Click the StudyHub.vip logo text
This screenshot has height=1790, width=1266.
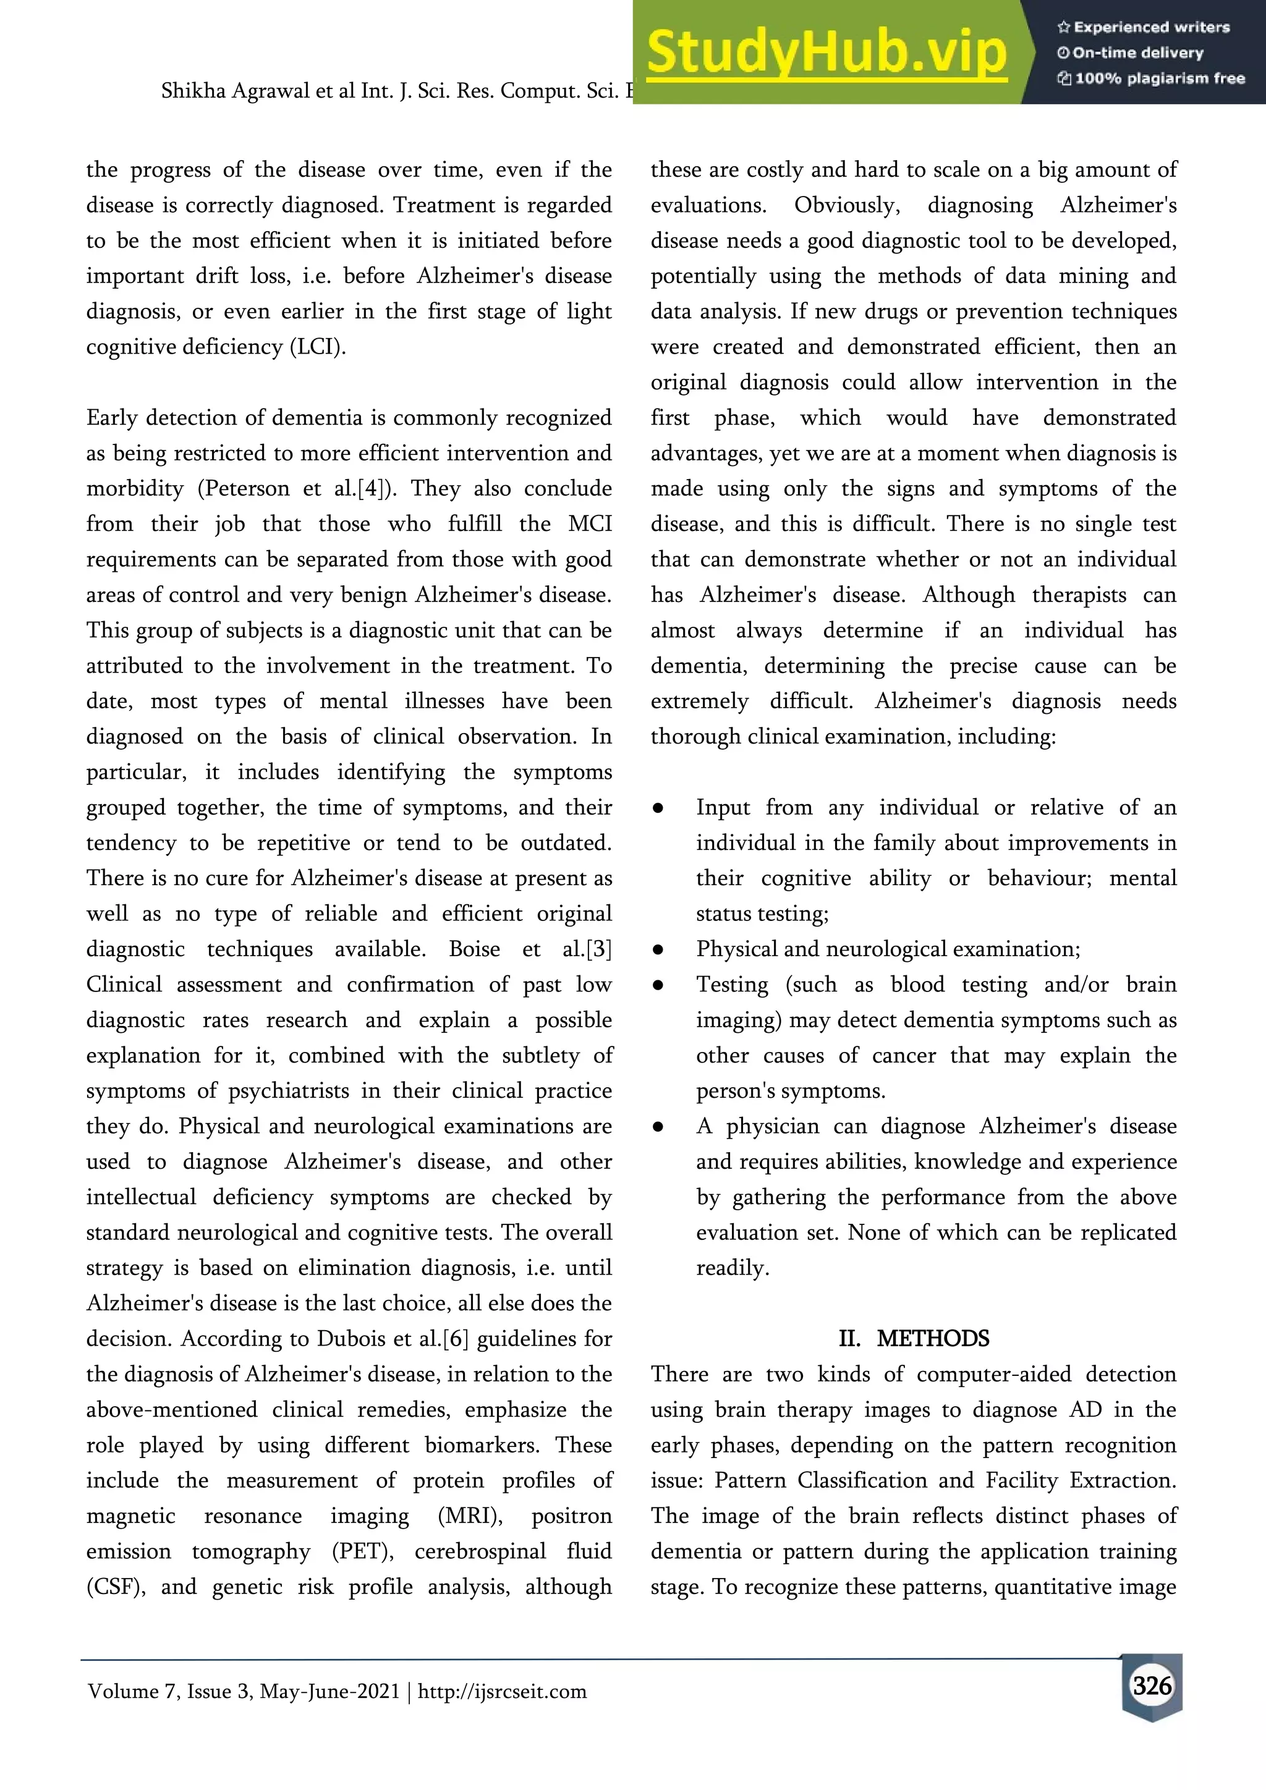pyautogui.click(x=826, y=53)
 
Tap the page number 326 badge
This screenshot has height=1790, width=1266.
pyautogui.click(x=1152, y=1686)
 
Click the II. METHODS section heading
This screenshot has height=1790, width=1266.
pyautogui.click(x=914, y=1339)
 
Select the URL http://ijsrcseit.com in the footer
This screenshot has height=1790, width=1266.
pyautogui.click(x=502, y=1691)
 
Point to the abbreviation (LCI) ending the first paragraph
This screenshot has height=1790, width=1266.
pyautogui.click(x=317, y=347)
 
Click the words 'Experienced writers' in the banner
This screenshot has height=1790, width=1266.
pyautogui.click(x=1152, y=27)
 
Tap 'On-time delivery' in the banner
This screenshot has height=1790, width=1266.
pyautogui.click(x=1137, y=53)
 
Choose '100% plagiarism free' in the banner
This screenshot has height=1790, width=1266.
pyautogui.click(x=1159, y=78)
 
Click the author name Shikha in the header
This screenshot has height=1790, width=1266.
pyautogui.click(x=192, y=91)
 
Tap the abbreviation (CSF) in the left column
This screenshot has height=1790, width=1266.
pyautogui.click(x=116, y=1587)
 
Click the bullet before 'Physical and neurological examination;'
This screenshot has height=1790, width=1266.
pyautogui.click(x=658, y=949)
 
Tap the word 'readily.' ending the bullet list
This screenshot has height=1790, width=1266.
pyautogui.click(x=732, y=1268)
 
